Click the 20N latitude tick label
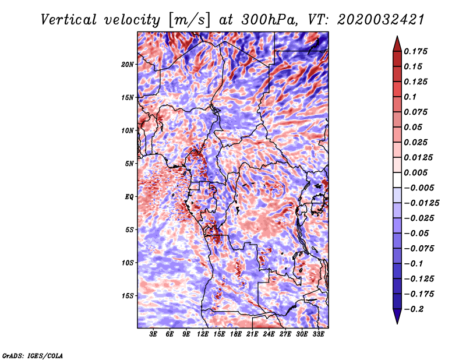[x=128, y=64]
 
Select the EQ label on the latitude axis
[x=129, y=197]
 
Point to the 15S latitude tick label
[x=128, y=296]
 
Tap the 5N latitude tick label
[x=129, y=164]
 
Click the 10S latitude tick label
[x=128, y=263]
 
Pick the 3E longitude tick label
[x=154, y=334]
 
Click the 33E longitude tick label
[x=318, y=334]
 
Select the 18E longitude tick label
[x=236, y=334]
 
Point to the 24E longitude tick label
[x=269, y=334]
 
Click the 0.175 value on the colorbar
[x=418, y=51]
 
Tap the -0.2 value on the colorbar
[x=416, y=309]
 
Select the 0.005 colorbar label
[x=418, y=172]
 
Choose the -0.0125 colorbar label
[x=423, y=203]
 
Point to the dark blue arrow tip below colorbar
[x=396, y=319]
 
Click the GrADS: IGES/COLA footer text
[x=32, y=355]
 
